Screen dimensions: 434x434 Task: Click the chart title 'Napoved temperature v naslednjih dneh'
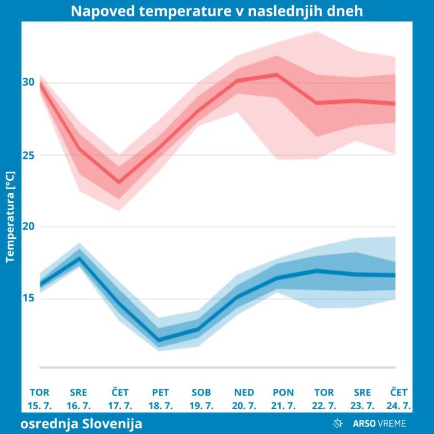[217, 11]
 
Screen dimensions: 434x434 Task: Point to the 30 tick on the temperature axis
[29, 83]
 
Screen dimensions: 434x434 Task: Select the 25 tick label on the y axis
[29, 155]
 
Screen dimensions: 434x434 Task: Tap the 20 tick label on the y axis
[29, 227]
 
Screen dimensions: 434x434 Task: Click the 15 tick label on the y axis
[29, 298]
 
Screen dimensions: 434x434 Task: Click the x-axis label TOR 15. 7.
[40, 399]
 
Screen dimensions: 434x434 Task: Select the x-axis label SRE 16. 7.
[79, 399]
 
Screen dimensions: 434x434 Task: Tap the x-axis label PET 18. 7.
[160, 399]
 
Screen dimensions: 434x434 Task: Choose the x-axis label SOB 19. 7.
[201, 399]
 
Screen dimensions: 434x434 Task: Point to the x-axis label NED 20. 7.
[244, 399]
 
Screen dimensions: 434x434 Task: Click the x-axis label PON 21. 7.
[283, 399]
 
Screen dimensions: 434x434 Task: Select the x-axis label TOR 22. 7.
[324, 399]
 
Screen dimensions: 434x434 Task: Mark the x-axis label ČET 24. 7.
[401, 399]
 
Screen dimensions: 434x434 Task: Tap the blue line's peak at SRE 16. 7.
[80, 258]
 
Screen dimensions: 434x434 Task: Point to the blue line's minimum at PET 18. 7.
[159, 340]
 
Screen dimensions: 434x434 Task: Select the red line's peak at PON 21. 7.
[277, 74]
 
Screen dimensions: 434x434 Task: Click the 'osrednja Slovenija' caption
[82, 423]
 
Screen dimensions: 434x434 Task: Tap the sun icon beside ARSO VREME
[338, 423]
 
